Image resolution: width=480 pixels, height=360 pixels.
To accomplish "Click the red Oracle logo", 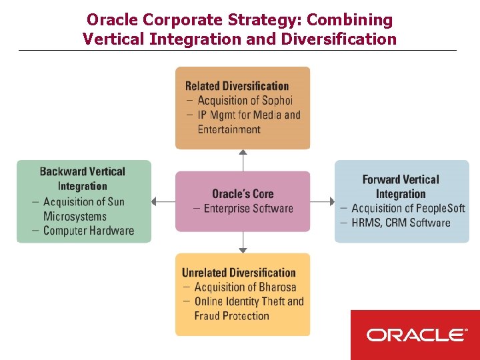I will (x=415, y=335).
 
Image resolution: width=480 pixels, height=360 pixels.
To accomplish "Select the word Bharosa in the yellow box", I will (x=278, y=287).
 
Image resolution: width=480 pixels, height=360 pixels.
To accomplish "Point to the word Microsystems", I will (x=75, y=216).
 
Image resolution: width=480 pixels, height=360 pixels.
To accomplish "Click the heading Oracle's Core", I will (x=243, y=194).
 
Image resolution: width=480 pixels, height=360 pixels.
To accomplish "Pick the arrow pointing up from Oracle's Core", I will (x=243, y=159).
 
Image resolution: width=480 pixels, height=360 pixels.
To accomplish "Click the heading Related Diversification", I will (x=237, y=86).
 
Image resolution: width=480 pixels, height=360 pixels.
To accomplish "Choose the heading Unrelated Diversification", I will (x=238, y=273).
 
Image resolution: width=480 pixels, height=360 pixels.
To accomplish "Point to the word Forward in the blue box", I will (x=383, y=179).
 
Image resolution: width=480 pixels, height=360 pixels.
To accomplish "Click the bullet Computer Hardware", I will (x=88, y=231).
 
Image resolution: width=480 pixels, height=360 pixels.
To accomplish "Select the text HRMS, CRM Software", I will (x=401, y=223).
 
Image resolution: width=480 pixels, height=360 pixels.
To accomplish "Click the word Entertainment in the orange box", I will (x=229, y=129).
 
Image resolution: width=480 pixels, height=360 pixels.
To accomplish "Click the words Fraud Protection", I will (x=231, y=316).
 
